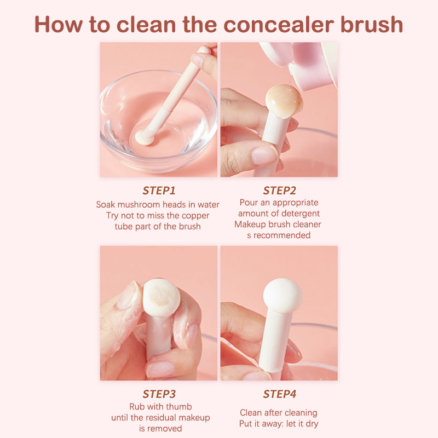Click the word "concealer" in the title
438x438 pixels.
pyautogui.click(x=279, y=25)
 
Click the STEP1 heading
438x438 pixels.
pyautogui.click(x=159, y=191)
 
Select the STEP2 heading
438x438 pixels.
pyautogui.click(x=279, y=191)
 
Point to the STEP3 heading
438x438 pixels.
pyautogui.click(x=159, y=394)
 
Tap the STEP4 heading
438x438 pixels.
pyautogui.click(x=279, y=394)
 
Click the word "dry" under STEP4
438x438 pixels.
pyautogui.click(x=312, y=424)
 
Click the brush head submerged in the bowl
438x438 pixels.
pyautogui.click(x=145, y=137)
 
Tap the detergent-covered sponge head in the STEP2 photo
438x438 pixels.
pyautogui.click(x=284, y=101)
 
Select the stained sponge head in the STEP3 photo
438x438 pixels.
pyautogui.click(x=161, y=297)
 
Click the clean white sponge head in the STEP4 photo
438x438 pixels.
pyautogui.click(x=283, y=296)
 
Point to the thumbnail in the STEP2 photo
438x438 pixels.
pyautogui.click(x=264, y=155)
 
